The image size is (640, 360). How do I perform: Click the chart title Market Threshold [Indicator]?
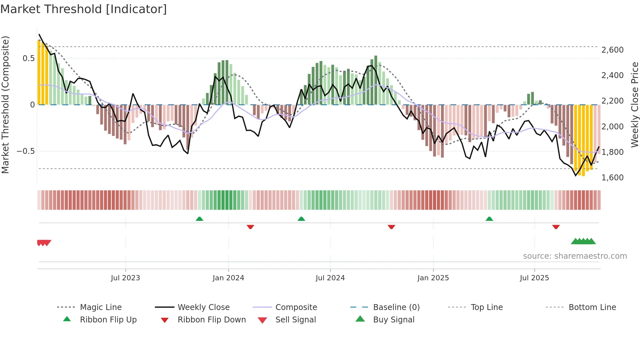point(84,9)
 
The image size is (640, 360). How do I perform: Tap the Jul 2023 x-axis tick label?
point(125,278)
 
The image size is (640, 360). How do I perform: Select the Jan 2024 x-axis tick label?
point(228,278)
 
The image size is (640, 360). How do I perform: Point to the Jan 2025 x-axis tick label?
point(433,278)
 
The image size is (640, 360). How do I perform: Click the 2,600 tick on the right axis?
point(612,50)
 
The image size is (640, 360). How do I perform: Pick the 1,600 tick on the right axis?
point(612,178)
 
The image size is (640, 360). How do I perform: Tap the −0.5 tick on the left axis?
point(25,151)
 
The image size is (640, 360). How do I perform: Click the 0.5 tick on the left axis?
point(28,58)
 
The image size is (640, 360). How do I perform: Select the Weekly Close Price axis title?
point(634,105)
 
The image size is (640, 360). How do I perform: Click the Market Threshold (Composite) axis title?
point(5,105)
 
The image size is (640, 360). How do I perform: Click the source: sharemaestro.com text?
point(575,256)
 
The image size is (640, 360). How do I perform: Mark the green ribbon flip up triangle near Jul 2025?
point(489,219)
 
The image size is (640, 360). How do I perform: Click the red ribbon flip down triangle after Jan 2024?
point(250,227)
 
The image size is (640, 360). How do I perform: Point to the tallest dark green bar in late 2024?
point(376,80)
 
